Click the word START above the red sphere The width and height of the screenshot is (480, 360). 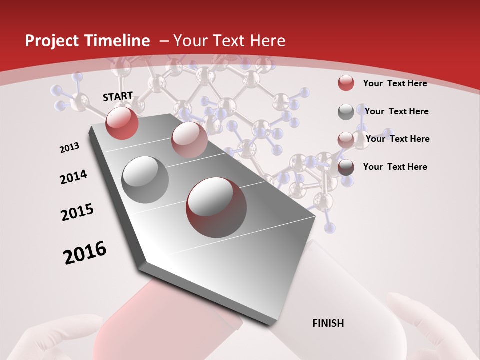click(x=118, y=96)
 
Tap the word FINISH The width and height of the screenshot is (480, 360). click(x=328, y=323)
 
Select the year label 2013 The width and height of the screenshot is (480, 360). click(x=70, y=148)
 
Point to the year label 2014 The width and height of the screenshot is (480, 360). click(x=74, y=177)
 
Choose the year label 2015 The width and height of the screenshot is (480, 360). click(x=77, y=212)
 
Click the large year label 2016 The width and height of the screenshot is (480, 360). click(x=85, y=253)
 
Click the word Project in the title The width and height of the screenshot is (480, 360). click(x=52, y=41)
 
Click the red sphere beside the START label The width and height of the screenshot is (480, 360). click(x=122, y=123)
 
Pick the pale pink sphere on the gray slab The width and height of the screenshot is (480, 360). click(x=189, y=140)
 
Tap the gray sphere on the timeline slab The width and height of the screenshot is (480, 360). click(x=145, y=179)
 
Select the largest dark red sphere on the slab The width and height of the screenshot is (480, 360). click(x=216, y=207)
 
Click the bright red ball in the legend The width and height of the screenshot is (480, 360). click(x=346, y=83)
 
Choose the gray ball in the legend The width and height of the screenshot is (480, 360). click(x=346, y=112)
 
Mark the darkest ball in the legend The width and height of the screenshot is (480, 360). click(x=346, y=168)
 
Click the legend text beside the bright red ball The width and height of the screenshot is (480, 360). click(x=395, y=83)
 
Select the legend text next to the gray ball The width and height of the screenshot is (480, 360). click(x=396, y=111)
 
